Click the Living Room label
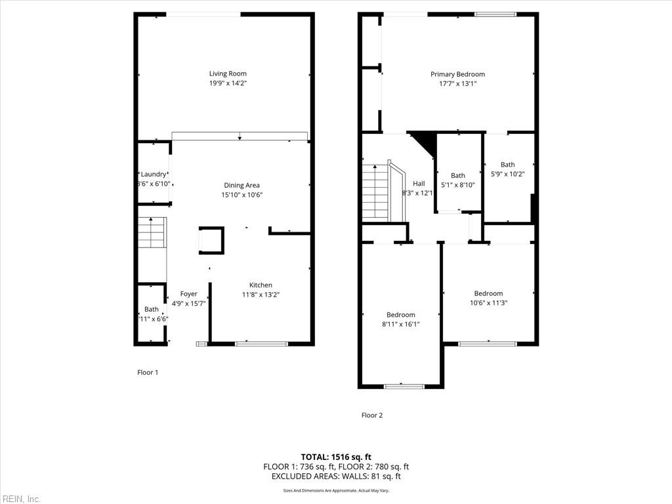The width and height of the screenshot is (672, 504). pyautogui.click(x=228, y=73)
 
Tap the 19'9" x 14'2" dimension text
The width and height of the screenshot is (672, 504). pyautogui.click(x=228, y=83)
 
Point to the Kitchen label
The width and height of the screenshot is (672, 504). pyautogui.click(x=261, y=285)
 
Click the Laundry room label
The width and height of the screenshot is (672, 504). pyautogui.click(x=154, y=174)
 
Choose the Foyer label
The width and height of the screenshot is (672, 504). pyautogui.click(x=188, y=294)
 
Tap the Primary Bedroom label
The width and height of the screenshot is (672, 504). pyautogui.click(x=457, y=74)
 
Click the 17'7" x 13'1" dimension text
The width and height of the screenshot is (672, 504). pyautogui.click(x=457, y=83)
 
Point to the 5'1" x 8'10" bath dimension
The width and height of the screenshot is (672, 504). pyautogui.click(x=458, y=185)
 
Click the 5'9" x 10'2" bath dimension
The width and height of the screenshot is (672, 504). pyautogui.click(x=507, y=174)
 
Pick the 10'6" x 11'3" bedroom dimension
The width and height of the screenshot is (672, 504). pyautogui.click(x=488, y=303)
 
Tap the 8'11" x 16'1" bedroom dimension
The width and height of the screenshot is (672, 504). pyautogui.click(x=400, y=324)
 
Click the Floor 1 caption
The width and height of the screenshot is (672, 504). pyautogui.click(x=148, y=372)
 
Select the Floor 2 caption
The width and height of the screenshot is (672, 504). pyautogui.click(x=372, y=415)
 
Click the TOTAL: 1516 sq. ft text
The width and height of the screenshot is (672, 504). pyautogui.click(x=336, y=457)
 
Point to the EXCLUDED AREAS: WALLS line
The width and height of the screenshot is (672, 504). pyautogui.click(x=336, y=476)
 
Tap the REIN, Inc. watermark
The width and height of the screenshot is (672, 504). pyautogui.click(x=20, y=499)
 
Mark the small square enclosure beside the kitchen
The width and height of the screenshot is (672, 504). pyautogui.click(x=211, y=240)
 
